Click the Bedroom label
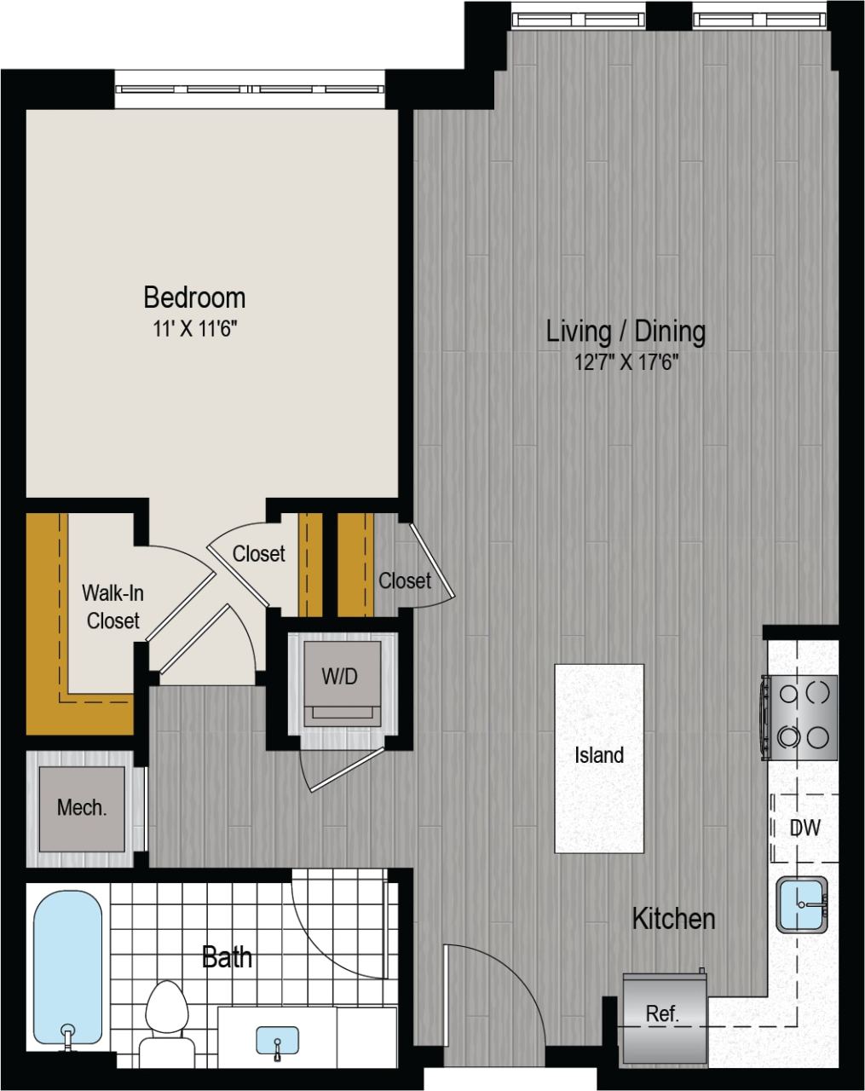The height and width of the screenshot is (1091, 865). (194, 297)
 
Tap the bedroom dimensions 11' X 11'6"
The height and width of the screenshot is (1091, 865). (194, 330)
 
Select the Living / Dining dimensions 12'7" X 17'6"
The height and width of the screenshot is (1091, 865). (626, 363)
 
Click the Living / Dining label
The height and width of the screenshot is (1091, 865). (626, 331)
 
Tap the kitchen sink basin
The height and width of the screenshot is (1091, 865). (802, 903)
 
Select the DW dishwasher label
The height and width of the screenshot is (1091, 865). (804, 828)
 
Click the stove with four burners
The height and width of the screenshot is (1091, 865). (799, 717)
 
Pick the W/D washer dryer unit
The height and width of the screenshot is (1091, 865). (339, 678)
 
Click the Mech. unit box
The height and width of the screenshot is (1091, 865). (82, 807)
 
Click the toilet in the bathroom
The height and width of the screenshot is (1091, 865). (165, 1014)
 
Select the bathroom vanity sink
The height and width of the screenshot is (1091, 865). (277, 1042)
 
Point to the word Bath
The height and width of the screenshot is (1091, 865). (228, 957)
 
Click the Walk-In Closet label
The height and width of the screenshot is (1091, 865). (112, 606)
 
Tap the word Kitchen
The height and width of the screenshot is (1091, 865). (673, 919)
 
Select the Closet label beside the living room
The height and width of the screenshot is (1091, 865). (405, 580)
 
